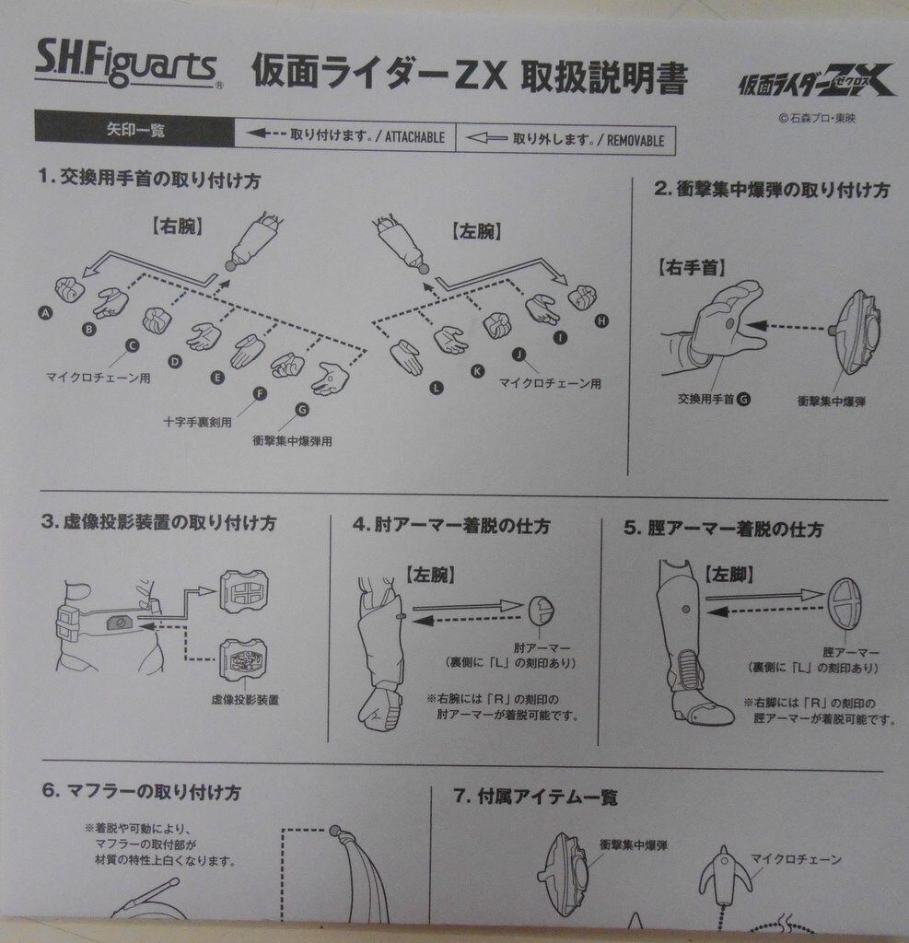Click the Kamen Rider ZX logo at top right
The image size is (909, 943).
816,84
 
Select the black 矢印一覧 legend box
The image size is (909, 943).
134,130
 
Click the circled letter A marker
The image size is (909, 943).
44,313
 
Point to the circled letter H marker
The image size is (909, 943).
602,320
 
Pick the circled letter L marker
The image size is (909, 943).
437,388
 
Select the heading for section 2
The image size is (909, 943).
771,191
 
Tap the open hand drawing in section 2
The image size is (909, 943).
728,319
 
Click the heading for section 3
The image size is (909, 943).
157,522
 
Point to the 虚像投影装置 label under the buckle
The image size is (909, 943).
245,699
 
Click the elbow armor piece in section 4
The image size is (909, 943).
541,609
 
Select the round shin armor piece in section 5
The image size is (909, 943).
844,603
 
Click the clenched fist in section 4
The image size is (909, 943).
379,708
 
